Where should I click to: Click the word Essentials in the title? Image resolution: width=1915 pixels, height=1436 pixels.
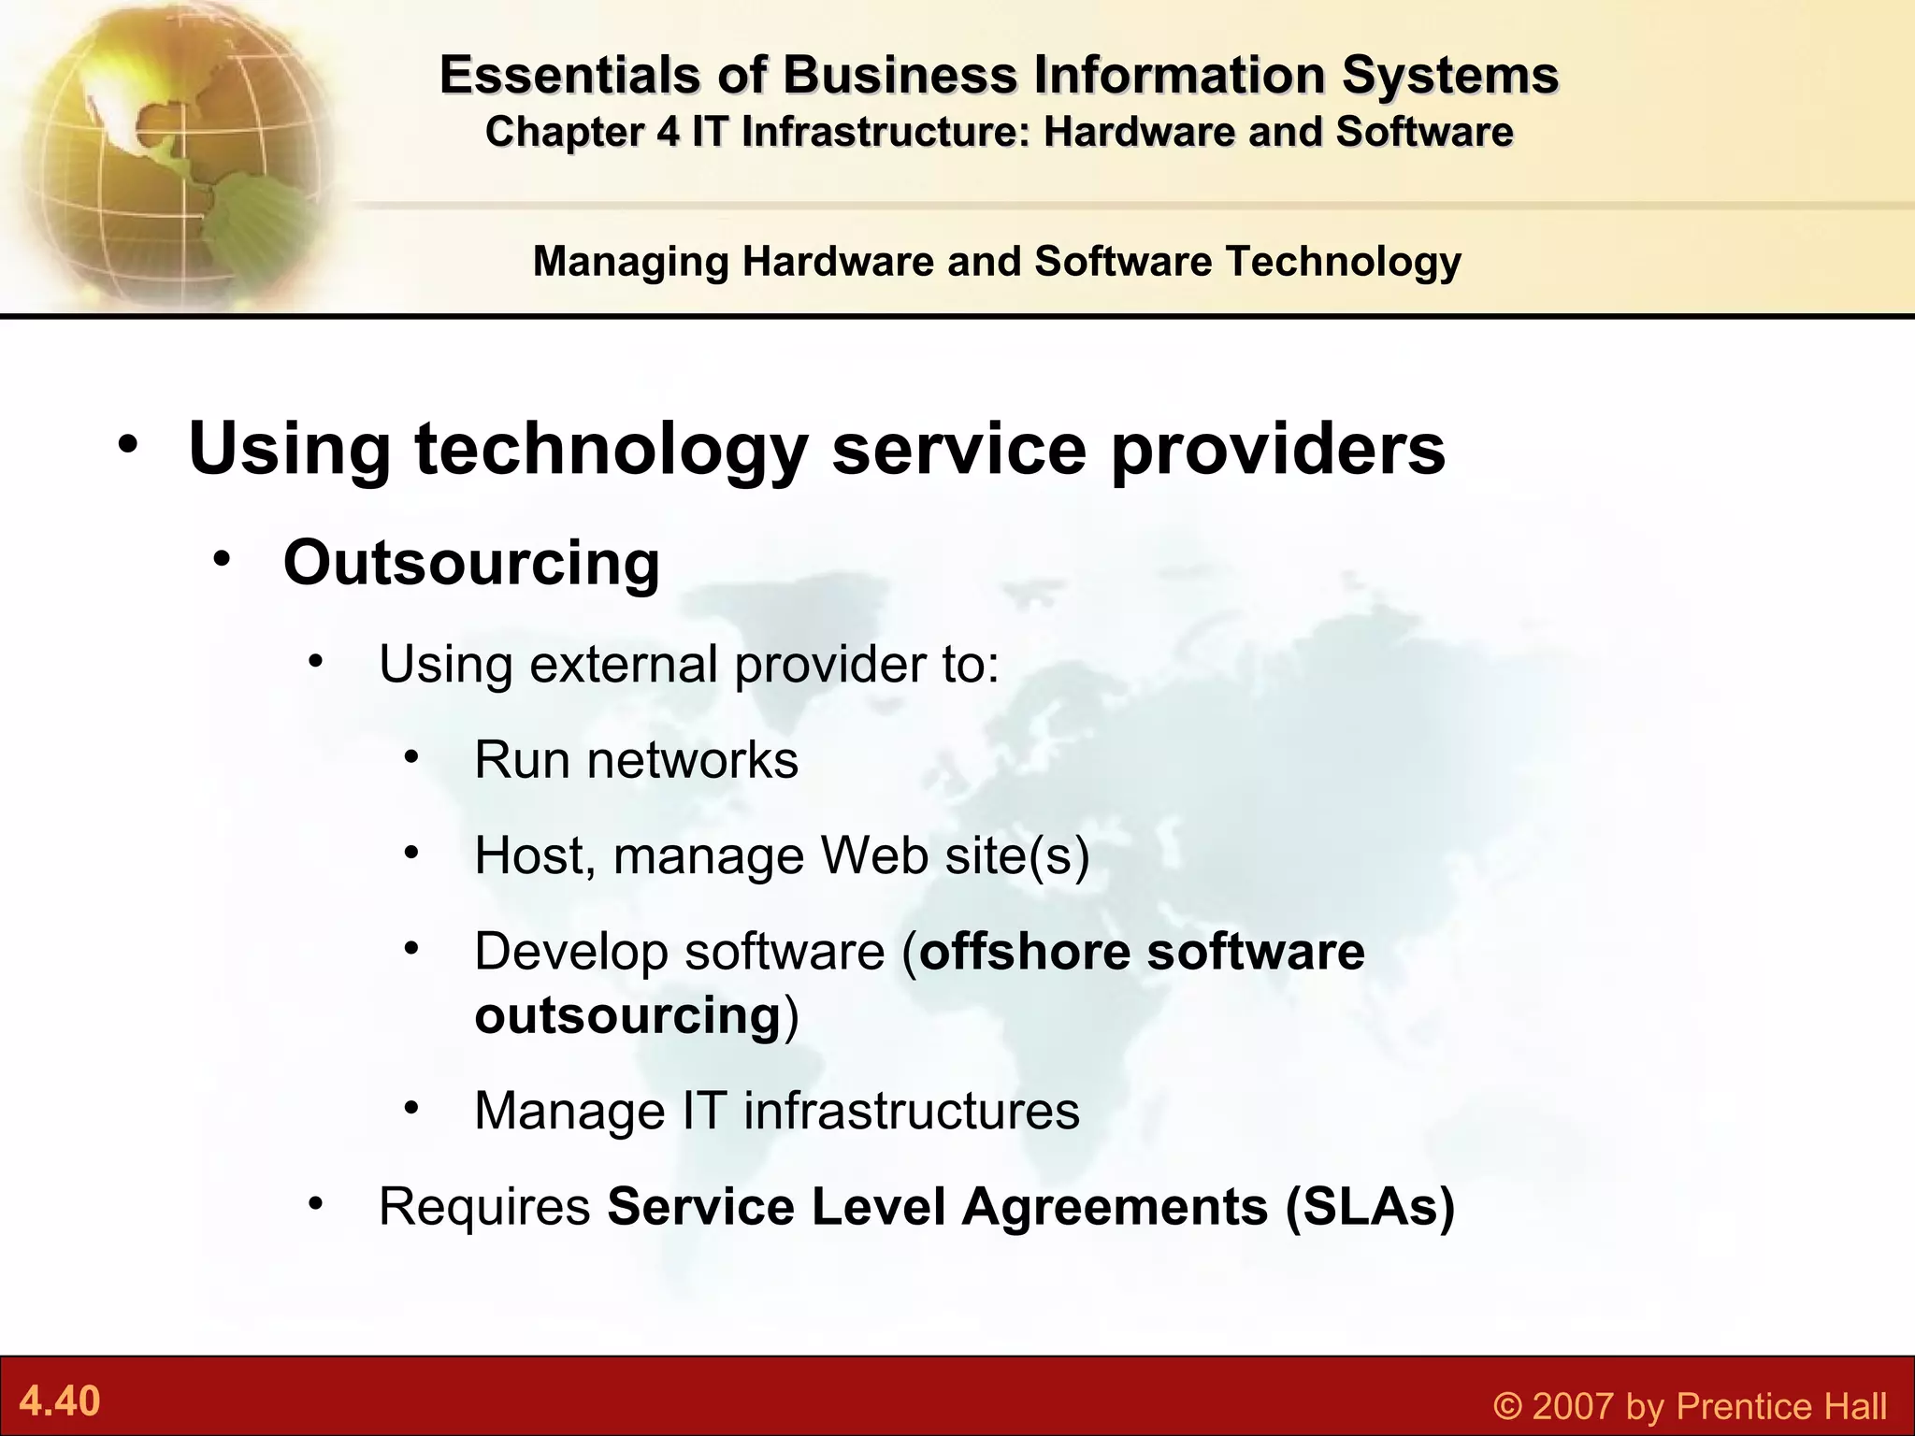tap(569, 75)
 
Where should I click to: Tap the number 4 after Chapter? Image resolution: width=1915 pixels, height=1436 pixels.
tap(667, 132)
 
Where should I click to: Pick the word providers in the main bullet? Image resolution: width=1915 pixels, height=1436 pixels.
tap(1277, 449)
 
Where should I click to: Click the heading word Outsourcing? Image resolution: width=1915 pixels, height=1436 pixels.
tap(471, 563)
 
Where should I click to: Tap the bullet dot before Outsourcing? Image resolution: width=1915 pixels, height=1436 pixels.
tap(221, 560)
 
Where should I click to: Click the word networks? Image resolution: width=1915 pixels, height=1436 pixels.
tap(693, 760)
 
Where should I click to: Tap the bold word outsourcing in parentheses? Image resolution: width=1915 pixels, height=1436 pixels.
tap(627, 1015)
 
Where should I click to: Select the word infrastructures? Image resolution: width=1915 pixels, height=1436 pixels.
tap(912, 1111)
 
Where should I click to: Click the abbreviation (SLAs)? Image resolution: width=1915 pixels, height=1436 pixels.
tap(1370, 1206)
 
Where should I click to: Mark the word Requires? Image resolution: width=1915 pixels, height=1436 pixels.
tap(484, 1206)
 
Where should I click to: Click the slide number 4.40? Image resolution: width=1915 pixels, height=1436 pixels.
tap(60, 1401)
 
